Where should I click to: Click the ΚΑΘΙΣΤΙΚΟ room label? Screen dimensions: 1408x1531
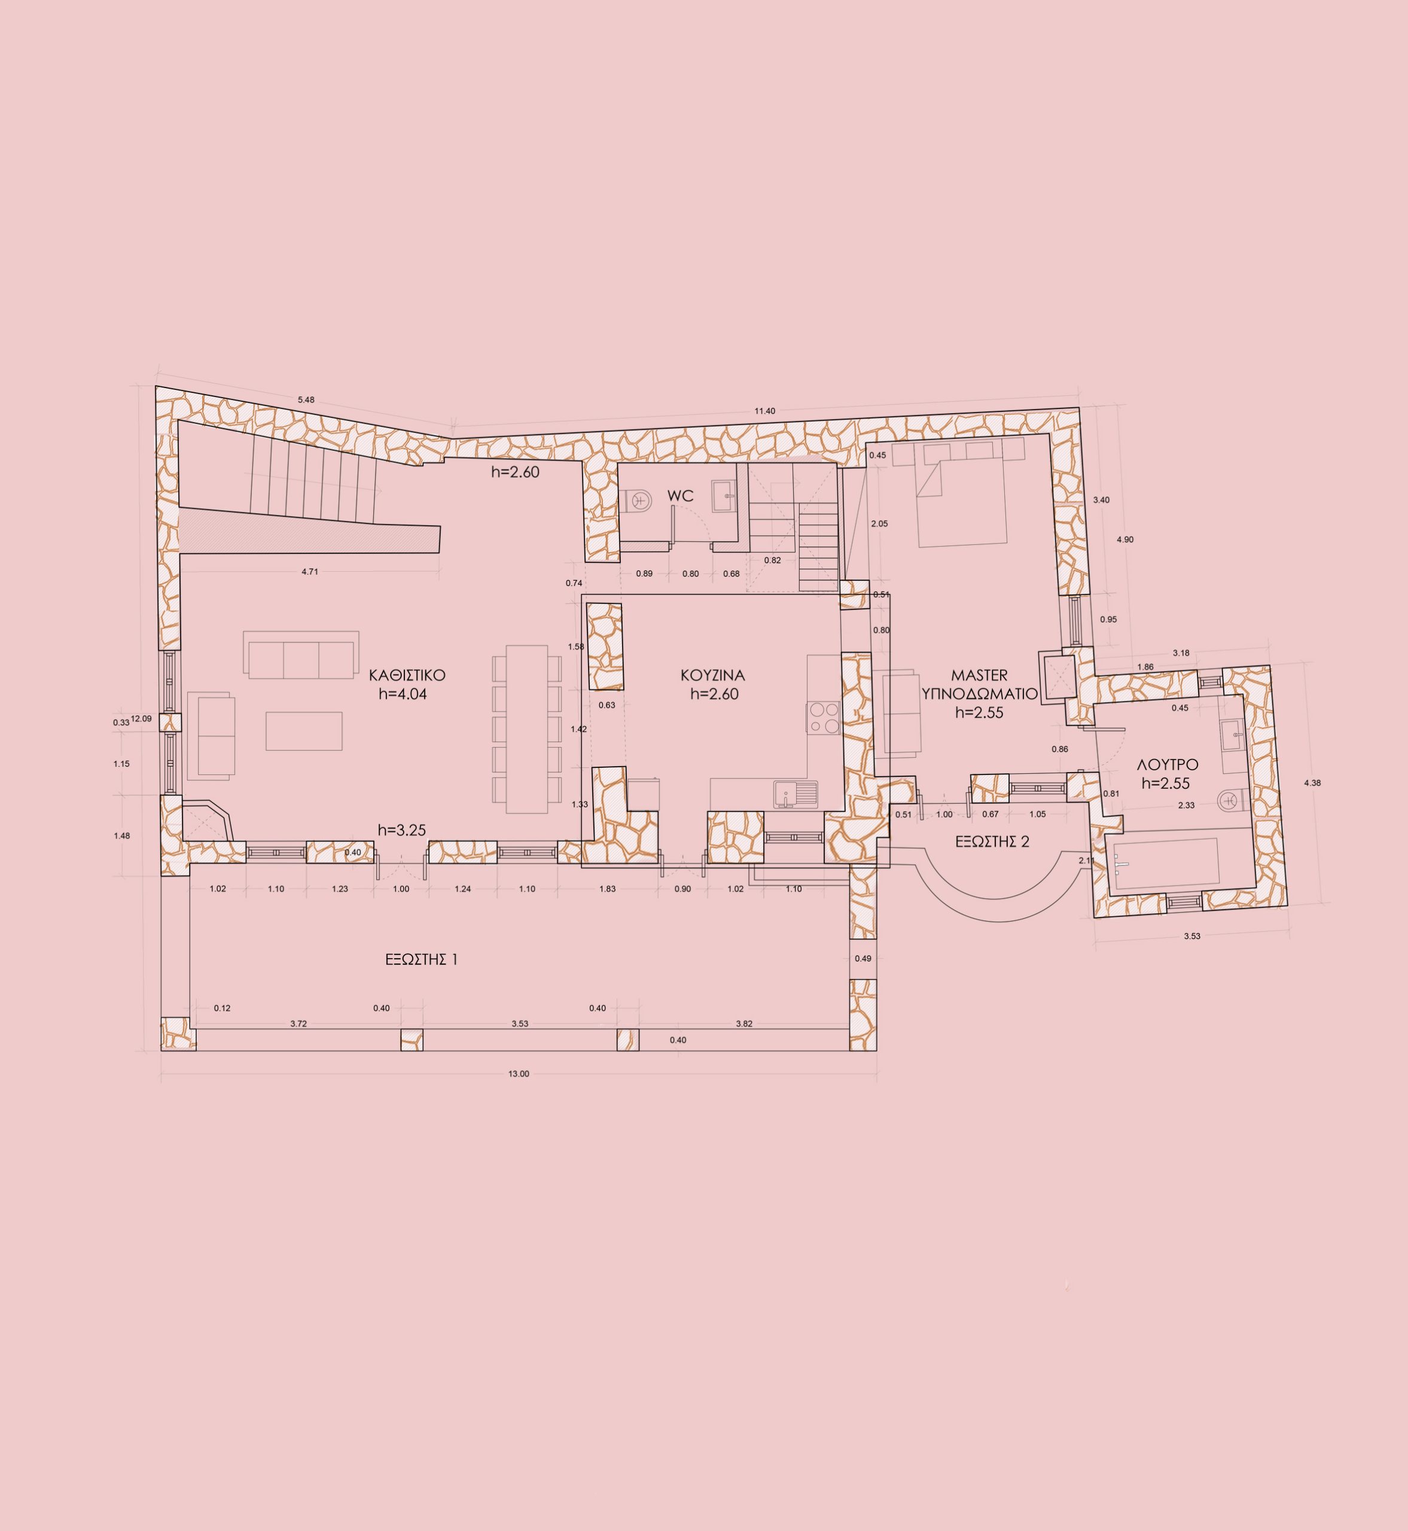(407, 675)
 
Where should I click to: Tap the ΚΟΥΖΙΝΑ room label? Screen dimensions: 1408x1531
(712, 675)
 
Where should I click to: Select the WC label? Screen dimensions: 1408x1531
(681, 496)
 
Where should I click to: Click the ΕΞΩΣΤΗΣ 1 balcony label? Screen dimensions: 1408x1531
(421, 960)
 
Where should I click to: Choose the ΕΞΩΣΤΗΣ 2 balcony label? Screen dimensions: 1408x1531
(992, 841)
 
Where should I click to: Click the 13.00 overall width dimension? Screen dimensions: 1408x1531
(519, 1074)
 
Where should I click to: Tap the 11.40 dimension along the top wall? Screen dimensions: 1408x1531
(764, 411)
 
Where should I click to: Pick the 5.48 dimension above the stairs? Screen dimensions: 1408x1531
(306, 400)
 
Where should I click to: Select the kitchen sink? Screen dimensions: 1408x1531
(796, 794)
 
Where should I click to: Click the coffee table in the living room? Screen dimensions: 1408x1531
(304, 730)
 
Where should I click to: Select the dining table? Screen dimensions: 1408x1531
(527, 729)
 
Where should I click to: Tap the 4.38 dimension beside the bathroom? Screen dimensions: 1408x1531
(1312, 783)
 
